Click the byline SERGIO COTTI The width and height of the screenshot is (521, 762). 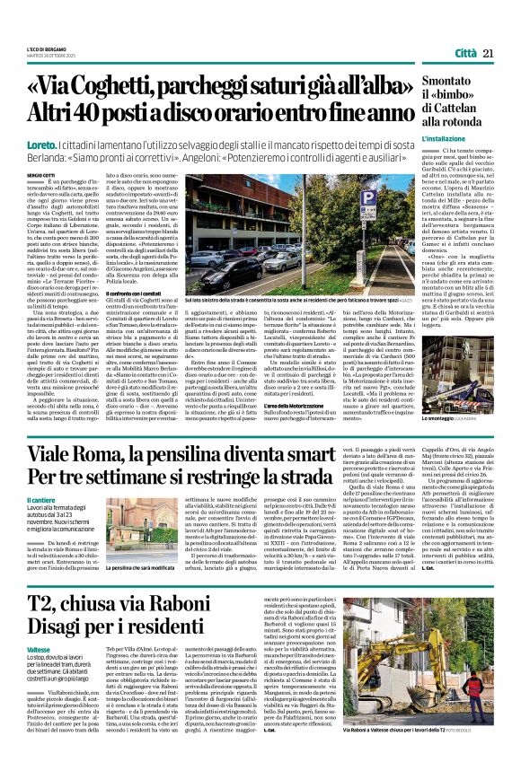(x=40, y=173)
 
